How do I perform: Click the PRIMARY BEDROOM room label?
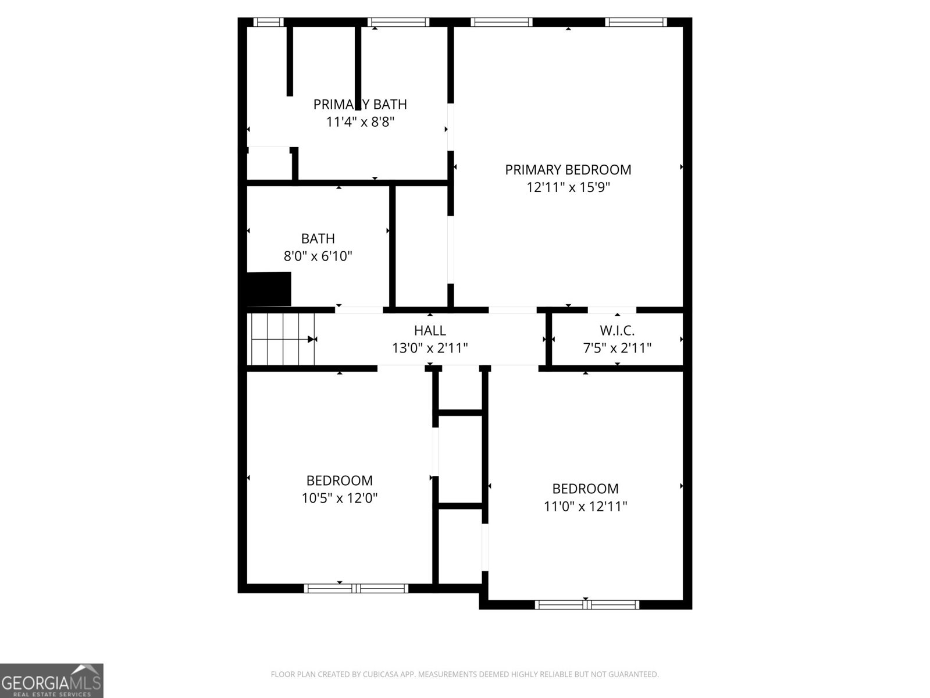click(x=568, y=170)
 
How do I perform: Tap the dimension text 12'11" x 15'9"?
click(x=568, y=187)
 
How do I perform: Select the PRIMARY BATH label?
click(x=360, y=105)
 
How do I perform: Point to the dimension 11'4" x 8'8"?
click(x=360, y=122)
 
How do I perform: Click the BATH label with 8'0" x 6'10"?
click(x=318, y=238)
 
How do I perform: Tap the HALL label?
click(x=430, y=331)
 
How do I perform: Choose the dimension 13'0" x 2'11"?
click(x=430, y=348)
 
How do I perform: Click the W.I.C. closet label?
click(x=617, y=331)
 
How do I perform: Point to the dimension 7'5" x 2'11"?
click(x=617, y=348)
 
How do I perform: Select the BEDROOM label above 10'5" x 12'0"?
click(x=339, y=481)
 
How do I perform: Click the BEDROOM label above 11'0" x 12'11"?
click(x=585, y=489)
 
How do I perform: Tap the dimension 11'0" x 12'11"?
click(x=585, y=507)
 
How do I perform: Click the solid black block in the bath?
click(x=269, y=289)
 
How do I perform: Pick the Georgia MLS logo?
click(x=51, y=680)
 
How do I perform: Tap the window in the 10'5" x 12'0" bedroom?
click(x=356, y=588)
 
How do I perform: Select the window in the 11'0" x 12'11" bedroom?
click(x=586, y=604)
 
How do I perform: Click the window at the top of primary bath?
click(x=398, y=22)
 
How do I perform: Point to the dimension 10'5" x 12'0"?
click(x=339, y=498)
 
